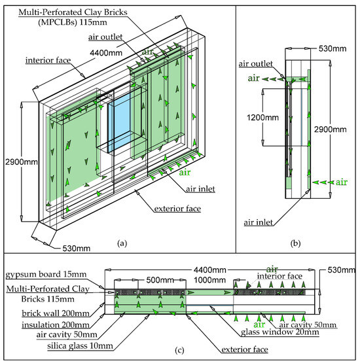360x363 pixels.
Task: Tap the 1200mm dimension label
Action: [x=262, y=118]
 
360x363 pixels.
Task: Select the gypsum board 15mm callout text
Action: [x=46, y=275]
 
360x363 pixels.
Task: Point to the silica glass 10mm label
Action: [x=80, y=346]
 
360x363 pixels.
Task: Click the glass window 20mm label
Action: [x=280, y=332]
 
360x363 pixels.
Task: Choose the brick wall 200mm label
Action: [x=56, y=313]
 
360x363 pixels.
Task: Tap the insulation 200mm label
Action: [x=56, y=325]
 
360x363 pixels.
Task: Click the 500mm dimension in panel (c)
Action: [x=160, y=280]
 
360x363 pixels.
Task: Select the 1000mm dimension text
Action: [x=209, y=280]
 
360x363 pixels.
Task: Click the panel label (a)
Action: [x=122, y=243]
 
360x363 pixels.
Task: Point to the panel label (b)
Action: [x=295, y=243]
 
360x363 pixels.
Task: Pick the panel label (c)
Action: [x=179, y=351]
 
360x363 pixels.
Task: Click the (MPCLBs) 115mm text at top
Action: [x=73, y=22]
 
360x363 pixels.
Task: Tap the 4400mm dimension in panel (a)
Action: [x=106, y=53]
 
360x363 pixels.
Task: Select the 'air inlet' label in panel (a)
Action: [x=200, y=189]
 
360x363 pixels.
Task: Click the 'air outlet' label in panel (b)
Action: [x=256, y=63]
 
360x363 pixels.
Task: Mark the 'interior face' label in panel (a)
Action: [x=48, y=60]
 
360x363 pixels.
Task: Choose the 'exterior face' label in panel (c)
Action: [x=245, y=349]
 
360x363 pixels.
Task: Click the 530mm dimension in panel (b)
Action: [x=333, y=48]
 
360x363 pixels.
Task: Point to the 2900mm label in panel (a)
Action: [x=22, y=162]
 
